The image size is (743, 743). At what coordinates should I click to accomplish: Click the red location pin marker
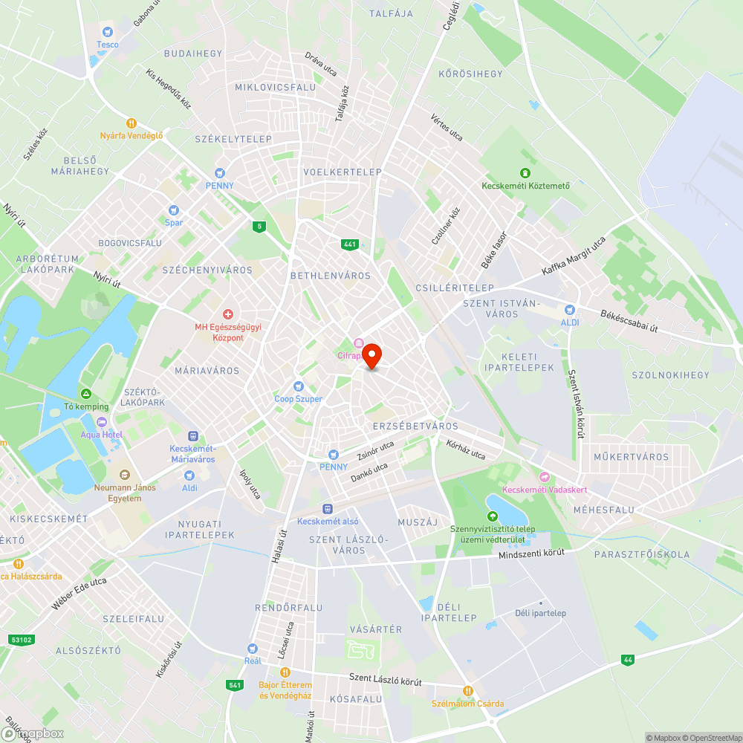point(371,356)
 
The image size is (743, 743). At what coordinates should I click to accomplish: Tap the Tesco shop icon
point(108,31)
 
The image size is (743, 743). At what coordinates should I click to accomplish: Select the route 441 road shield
point(350,244)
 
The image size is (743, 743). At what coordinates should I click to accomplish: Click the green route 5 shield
point(258,226)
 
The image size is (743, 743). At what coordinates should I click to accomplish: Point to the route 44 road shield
point(629,659)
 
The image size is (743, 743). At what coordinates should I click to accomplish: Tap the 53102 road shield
point(22,639)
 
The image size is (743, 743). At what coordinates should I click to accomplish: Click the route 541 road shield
point(236,685)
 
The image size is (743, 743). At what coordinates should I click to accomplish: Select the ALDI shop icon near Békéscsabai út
point(570,309)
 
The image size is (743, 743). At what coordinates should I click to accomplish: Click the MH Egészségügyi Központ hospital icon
point(228,315)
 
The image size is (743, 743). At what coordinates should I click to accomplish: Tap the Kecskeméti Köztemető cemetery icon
point(525,173)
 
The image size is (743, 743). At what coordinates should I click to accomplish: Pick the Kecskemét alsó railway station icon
point(327,508)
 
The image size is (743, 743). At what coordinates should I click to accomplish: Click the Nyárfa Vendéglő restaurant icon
point(132,123)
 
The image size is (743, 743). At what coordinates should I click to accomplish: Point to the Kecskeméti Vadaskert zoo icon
point(545,477)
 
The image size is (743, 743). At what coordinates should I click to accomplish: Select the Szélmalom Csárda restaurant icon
point(467,691)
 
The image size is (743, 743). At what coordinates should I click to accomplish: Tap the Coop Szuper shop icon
point(299,386)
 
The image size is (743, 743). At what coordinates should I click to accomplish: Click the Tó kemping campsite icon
point(86,394)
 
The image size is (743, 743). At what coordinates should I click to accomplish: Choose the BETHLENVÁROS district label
point(330,276)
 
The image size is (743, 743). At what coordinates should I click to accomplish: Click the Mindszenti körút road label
point(531,554)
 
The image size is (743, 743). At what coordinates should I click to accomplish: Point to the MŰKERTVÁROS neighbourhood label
point(632,457)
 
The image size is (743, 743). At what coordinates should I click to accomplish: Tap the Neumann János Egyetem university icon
point(124,474)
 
